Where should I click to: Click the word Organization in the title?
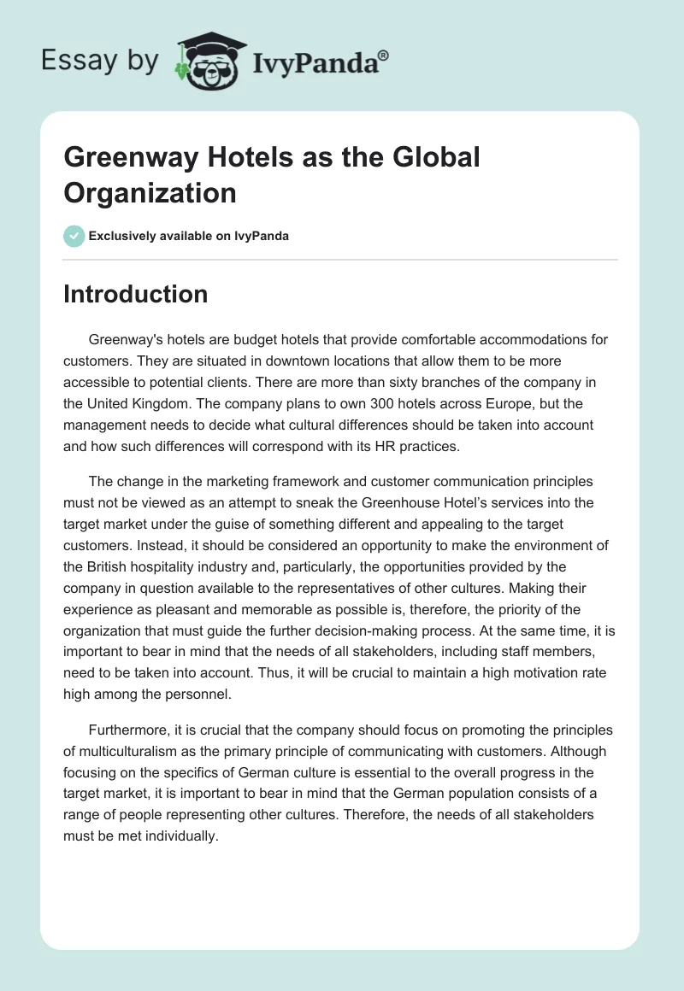[x=150, y=192]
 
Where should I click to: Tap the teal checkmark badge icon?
[x=74, y=236]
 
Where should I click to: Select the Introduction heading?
[x=135, y=294]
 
